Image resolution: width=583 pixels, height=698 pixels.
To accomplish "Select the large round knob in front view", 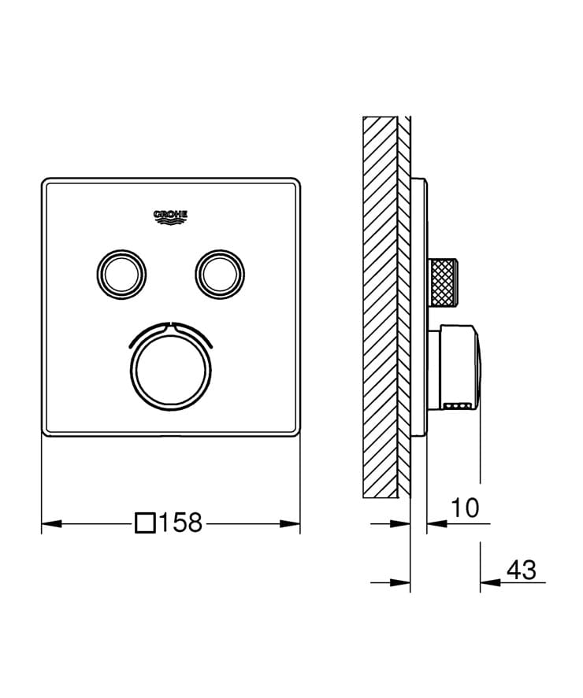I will pos(170,367).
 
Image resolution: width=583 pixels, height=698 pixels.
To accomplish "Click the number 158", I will pos(181,523).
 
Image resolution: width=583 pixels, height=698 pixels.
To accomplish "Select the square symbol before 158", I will pos(146,523).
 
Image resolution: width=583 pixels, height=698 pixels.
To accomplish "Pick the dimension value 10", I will pos(465,508).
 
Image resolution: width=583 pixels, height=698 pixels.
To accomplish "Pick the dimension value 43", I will pos(521,569).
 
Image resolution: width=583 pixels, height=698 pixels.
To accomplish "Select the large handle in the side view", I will pos(457,368).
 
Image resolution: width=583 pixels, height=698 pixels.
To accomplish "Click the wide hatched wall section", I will pos(380,307).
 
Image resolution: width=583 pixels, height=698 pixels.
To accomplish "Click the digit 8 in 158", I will pos(194,523).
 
